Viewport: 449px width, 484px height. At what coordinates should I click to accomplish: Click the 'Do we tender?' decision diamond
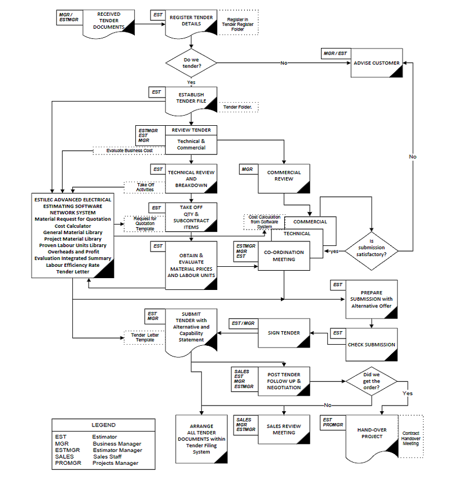(x=191, y=63)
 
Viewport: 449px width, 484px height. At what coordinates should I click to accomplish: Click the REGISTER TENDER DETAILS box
(x=191, y=21)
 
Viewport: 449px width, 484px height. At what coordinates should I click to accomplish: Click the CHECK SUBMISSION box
(x=371, y=345)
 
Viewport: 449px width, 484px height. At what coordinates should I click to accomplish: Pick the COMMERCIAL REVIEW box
(x=284, y=175)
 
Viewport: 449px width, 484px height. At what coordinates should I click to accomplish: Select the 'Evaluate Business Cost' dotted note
(x=129, y=151)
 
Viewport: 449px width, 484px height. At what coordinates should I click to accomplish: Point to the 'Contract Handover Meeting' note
(x=411, y=438)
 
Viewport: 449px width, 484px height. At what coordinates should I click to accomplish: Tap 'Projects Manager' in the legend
(x=115, y=463)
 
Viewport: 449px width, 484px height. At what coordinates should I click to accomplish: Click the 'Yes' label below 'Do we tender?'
(x=191, y=82)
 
